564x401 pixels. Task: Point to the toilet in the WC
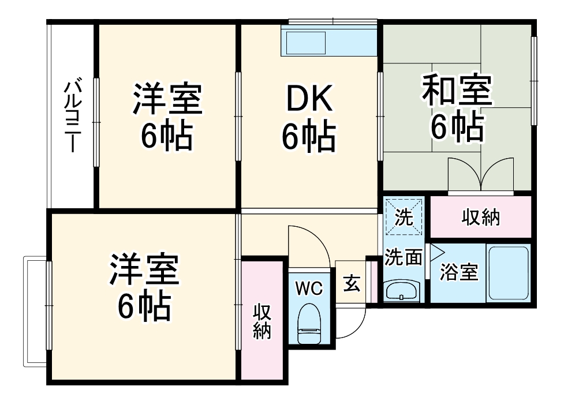(x=309, y=325)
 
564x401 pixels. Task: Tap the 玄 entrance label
(x=352, y=283)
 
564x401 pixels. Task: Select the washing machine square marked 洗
(x=405, y=217)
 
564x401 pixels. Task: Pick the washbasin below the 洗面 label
(x=401, y=291)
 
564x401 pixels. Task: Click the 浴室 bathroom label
(x=459, y=272)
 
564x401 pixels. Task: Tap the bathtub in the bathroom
(x=508, y=273)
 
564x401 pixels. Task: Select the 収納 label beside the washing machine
(x=481, y=218)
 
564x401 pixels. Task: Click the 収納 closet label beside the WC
(x=262, y=322)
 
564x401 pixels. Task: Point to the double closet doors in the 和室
(x=481, y=173)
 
